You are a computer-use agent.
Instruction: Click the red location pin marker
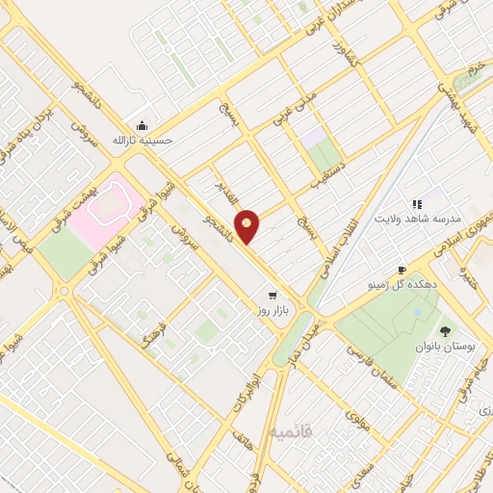[247, 227]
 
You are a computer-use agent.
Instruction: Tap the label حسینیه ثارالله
[143, 141]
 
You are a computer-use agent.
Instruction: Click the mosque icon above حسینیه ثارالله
[143, 125]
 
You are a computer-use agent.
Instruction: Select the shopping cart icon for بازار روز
[272, 296]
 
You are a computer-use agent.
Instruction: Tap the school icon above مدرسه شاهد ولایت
[417, 204]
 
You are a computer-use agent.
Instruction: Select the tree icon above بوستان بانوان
[445, 330]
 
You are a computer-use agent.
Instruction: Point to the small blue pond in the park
[416, 313]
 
